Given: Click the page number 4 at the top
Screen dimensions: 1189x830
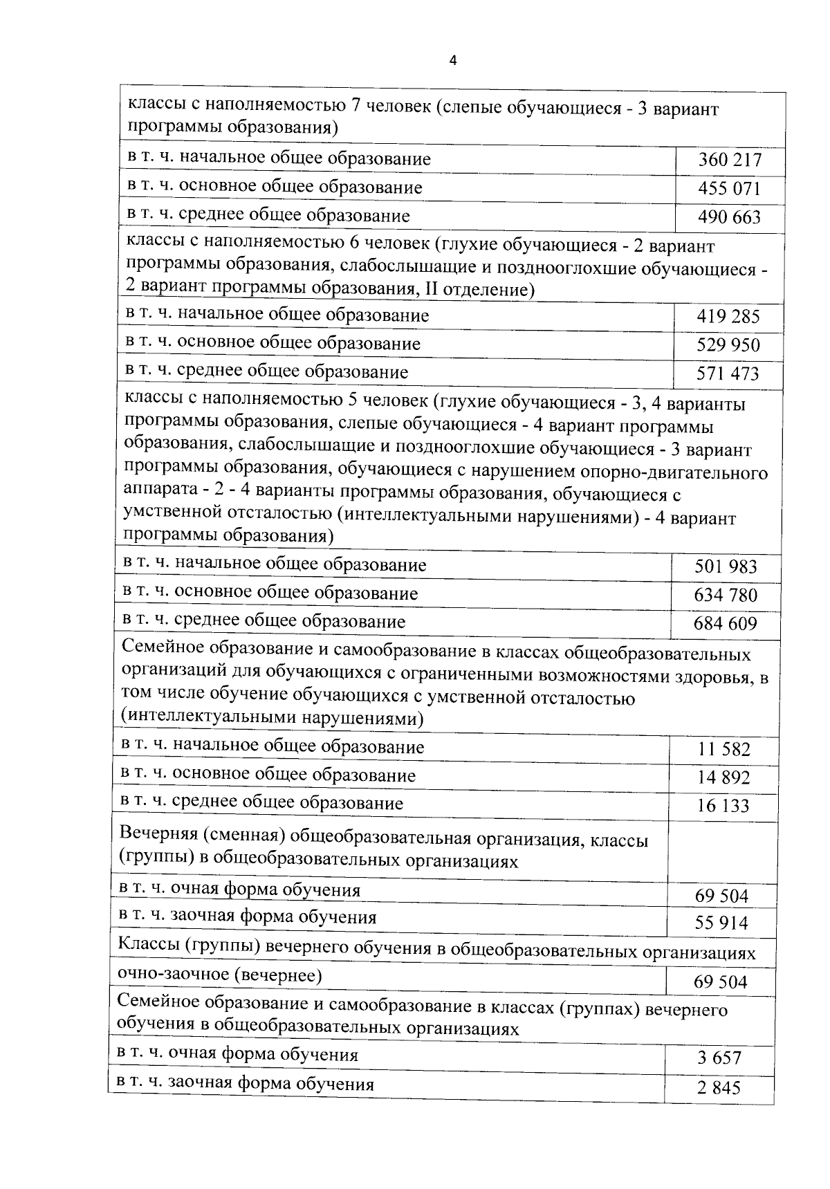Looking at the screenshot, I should (453, 61).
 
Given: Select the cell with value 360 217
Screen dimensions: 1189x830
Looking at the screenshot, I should (729, 160).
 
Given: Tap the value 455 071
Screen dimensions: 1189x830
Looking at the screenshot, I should (729, 189).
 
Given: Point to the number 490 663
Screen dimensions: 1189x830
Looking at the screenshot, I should (729, 217).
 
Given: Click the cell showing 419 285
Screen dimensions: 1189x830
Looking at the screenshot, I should (728, 317).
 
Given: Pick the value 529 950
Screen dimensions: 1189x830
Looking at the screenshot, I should (728, 345).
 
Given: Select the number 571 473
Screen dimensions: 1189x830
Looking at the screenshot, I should (728, 374).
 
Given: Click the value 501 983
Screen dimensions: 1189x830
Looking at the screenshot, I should (726, 567).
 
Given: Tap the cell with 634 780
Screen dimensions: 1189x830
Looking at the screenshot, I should (726, 596).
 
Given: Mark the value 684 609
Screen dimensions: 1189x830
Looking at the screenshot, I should (726, 624).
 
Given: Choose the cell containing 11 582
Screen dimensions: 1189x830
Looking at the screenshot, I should (723, 749).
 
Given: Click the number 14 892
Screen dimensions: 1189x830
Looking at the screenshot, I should (723, 777).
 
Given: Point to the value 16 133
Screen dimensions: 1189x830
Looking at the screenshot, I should (723, 806).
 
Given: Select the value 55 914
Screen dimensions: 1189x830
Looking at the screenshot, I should (721, 923).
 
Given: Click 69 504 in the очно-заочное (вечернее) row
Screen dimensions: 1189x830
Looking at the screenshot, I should (721, 982).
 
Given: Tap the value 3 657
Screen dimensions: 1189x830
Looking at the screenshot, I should (719, 1058).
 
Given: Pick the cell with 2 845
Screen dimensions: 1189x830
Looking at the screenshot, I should (719, 1088).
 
